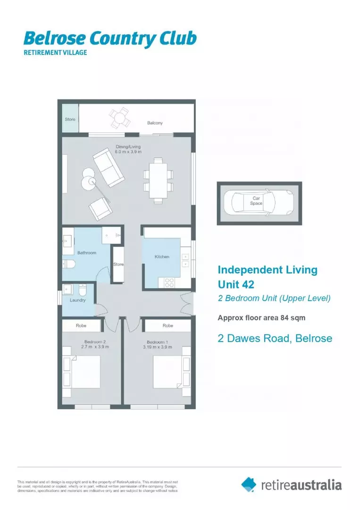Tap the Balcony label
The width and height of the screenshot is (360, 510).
(155, 123)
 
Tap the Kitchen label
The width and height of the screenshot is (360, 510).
(162, 257)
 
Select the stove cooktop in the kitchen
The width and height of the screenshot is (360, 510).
(168, 282)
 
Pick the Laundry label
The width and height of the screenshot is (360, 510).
(78, 300)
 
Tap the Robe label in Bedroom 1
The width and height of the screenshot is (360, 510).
(167, 326)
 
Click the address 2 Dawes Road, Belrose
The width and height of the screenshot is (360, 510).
(275, 338)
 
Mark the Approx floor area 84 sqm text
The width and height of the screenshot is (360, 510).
(261, 318)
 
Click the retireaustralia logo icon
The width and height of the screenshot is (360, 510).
(249, 484)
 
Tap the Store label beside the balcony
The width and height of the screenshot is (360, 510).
(70, 119)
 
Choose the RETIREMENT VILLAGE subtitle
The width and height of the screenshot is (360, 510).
(55, 52)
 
